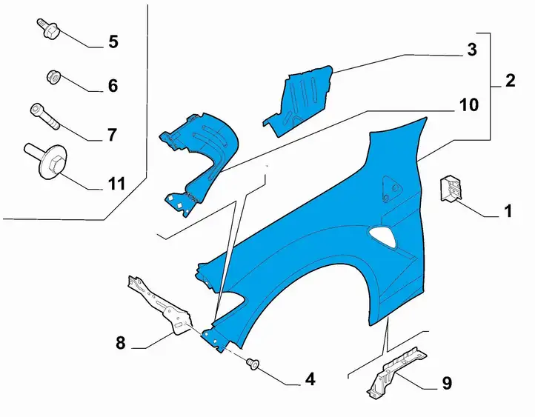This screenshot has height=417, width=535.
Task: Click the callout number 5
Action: (113, 42)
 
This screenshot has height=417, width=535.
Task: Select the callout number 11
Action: (116, 184)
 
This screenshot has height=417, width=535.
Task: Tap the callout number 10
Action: (469, 105)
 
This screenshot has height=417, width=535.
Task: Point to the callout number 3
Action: (472, 50)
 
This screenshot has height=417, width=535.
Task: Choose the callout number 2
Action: (510, 81)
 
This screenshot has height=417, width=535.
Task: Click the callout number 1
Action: (508, 211)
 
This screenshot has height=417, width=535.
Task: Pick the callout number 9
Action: (447, 383)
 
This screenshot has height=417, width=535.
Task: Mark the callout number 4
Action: (310, 378)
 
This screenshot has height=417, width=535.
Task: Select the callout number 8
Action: (121, 343)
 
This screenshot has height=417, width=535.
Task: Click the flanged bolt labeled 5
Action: (48, 29)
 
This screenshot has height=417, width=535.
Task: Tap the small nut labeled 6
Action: (54, 77)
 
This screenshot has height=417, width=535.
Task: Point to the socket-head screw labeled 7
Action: (44, 116)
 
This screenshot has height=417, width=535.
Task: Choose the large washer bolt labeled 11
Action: (46, 159)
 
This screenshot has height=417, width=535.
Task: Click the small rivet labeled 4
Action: (253, 364)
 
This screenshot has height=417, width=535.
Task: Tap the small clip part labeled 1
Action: (450, 188)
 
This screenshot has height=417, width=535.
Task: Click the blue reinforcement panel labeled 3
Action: (299, 101)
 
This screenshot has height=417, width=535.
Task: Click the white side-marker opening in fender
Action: (383, 237)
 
